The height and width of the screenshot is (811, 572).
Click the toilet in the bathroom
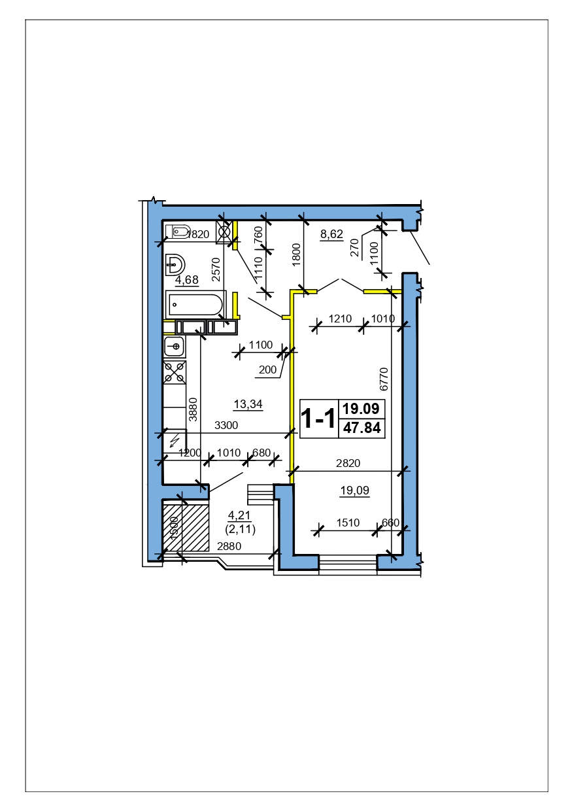click(178, 232)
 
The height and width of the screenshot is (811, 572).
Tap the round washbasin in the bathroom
click(175, 265)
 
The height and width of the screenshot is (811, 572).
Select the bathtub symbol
click(195, 305)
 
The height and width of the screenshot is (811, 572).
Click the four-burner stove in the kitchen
click(175, 372)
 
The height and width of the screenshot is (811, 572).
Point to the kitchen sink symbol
click(175, 347)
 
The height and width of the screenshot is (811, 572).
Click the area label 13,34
click(248, 404)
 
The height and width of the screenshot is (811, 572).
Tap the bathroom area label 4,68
click(187, 280)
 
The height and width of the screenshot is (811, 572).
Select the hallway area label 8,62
click(331, 234)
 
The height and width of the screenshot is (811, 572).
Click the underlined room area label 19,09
click(354, 491)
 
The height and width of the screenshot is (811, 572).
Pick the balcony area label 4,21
click(239, 515)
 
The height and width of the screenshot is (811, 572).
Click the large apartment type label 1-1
click(318, 418)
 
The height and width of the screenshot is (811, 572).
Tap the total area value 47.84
click(362, 428)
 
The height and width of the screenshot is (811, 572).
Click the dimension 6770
click(384, 379)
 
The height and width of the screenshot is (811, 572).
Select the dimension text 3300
click(226, 425)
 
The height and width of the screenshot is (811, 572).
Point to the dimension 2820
click(348, 463)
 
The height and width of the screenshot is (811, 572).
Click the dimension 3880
click(193, 409)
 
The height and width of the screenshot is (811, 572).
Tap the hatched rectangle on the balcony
click(186, 528)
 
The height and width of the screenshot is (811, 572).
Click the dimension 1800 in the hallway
click(296, 255)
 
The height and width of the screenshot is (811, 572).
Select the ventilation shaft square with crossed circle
click(224, 232)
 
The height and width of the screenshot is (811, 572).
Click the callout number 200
click(268, 370)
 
